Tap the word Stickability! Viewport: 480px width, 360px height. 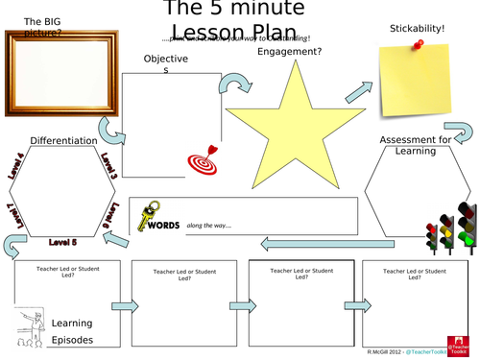[417, 29]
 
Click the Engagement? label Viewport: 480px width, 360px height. [289, 52]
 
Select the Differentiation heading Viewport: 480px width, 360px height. [64, 140]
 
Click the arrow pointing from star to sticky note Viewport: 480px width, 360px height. [358, 91]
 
